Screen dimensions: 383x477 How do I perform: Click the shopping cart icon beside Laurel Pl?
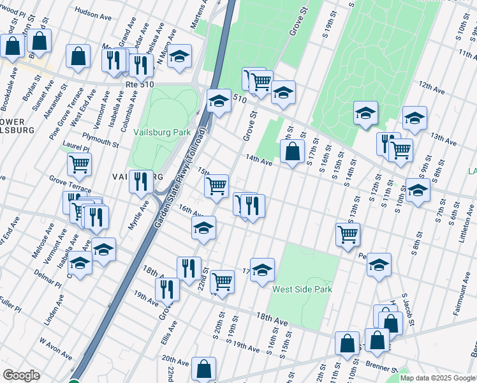[80, 163]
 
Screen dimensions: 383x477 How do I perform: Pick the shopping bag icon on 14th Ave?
[292, 151]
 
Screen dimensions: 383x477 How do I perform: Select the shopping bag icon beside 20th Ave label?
[203, 368]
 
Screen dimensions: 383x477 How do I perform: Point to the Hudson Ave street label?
[94, 11]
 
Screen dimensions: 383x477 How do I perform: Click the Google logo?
[21, 375]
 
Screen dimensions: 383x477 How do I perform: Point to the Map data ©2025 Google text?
[437, 378]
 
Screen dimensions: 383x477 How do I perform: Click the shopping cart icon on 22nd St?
[222, 280]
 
